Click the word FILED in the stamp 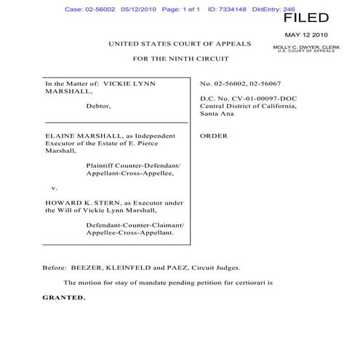pos(305,18)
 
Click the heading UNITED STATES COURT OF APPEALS pos(180,44)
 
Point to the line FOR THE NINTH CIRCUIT pos(180,58)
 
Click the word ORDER pos(214,135)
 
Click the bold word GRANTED pos(63,297)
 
